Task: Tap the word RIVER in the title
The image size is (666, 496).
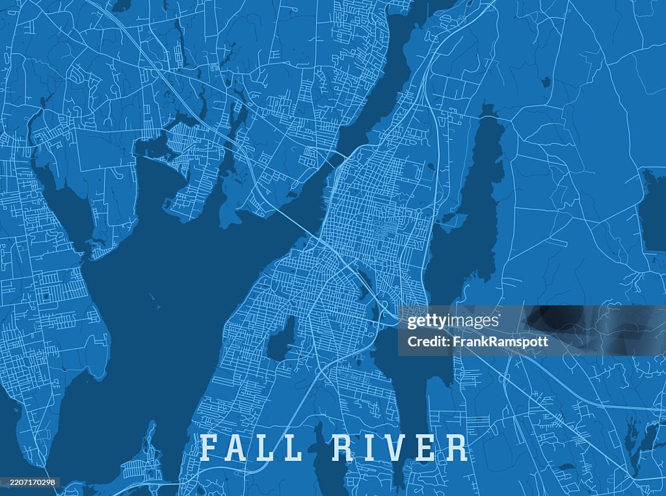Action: pyautogui.click(x=399, y=448)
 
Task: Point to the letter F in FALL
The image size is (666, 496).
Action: pyautogui.click(x=209, y=448)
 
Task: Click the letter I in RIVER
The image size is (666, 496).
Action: pyautogui.click(x=371, y=448)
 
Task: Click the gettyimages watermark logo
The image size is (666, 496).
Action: pyautogui.click(x=453, y=322)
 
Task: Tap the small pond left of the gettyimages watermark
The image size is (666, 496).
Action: pyautogui.click(x=282, y=340)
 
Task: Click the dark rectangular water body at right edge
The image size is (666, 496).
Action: pyautogui.click(x=653, y=208)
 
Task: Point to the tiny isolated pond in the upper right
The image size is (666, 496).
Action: pyautogui.click(x=546, y=82)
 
